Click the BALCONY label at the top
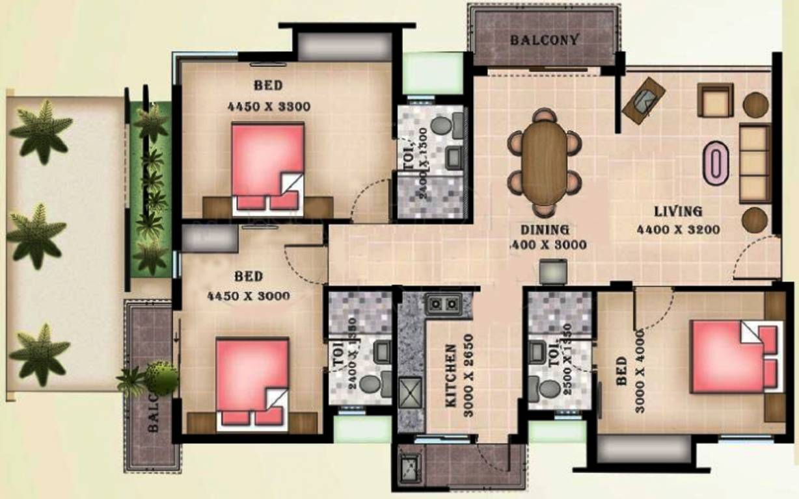[544, 40]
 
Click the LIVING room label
[678, 211]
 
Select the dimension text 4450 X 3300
[269, 107]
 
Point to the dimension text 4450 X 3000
[248, 296]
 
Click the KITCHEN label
[450, 376]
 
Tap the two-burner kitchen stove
[443, 303]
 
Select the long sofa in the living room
[755, 164]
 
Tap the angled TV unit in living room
[643, 99]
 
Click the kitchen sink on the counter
[410, 392]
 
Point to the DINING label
[545, 229]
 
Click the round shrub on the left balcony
[161, 377]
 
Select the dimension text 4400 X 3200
[678, 229]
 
